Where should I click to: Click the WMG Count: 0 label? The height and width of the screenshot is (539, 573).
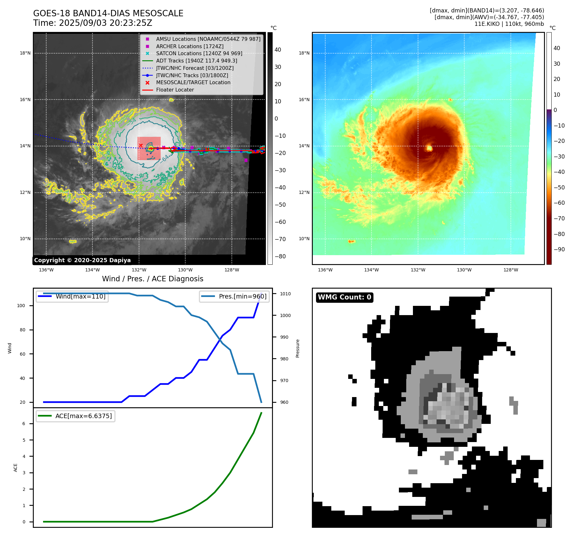tap(344, 297)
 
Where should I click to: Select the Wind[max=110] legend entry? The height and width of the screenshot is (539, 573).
tap(80, 296)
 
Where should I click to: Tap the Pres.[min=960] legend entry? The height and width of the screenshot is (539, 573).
tap(242, 296)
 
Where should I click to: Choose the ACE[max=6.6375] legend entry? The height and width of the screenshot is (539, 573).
tap(84, 416)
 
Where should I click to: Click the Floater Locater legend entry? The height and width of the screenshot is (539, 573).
tap(175, 90)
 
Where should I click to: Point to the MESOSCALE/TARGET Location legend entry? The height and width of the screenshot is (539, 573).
tap(193, 82)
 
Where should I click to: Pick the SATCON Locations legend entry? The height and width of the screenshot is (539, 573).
tap(199, 53)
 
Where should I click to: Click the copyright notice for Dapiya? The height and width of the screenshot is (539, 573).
tap(82, 260)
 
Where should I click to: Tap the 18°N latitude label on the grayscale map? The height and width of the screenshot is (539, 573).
tap(25, 53)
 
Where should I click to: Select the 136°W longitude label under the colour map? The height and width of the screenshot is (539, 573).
tap(325, 270)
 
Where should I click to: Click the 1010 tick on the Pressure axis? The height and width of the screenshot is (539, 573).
tap(285, 294)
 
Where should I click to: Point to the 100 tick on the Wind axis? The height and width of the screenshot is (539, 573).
tap(21, 306)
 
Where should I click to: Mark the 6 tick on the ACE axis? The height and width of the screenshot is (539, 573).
tap(24, 424)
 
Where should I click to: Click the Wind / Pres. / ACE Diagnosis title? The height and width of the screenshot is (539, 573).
tap(152, 279)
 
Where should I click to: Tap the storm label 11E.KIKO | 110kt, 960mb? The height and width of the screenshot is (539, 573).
tap(509, 24)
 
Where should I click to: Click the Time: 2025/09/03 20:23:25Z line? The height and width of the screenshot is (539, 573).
tap(92, 23)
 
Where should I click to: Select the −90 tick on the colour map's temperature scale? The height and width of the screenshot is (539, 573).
tap(559, 249)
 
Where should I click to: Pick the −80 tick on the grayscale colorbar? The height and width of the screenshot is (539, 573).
tap(280, 256)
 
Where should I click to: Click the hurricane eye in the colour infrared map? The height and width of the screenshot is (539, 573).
tap(429, 148)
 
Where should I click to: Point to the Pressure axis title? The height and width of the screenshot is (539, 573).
tap(298, 348)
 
